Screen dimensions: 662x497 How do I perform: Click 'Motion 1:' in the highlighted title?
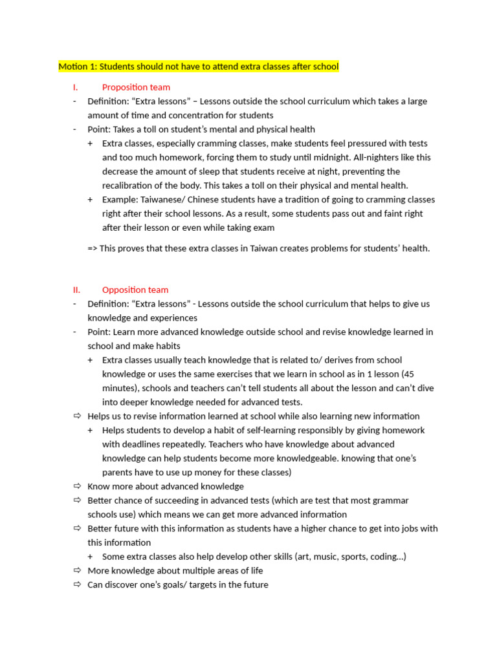click(76, 67)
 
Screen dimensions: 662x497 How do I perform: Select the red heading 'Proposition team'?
click(136, 87)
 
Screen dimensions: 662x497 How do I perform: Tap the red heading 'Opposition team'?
click(135, 290)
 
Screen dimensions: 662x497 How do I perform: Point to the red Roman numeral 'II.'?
click(76, 290)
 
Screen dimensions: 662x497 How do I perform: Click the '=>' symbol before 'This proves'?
click(93, 248)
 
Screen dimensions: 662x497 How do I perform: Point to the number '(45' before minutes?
click(408, 374)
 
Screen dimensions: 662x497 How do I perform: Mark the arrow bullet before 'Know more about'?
click(77, 486)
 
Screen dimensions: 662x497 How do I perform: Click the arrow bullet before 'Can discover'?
click(77, 584)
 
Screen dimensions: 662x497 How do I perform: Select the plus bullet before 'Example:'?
click(90, 199)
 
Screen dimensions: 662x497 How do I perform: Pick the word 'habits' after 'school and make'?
click(166, 346)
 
